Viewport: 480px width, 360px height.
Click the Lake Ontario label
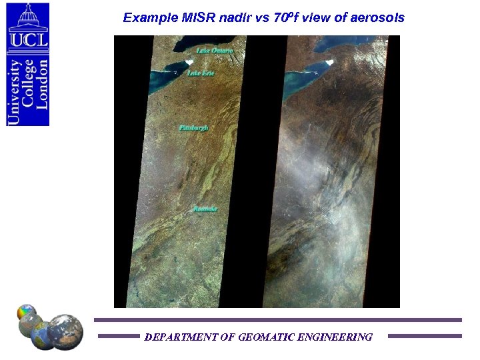(215, 51)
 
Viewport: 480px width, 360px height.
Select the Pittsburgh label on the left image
(194, 127)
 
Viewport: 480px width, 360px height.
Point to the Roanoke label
(205, 209)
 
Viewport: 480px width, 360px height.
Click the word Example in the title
(146, 18)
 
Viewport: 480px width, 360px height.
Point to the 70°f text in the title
(287, 18)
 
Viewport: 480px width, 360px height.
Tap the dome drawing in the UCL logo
(28, 17)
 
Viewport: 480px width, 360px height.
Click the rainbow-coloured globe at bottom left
(26, 313)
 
